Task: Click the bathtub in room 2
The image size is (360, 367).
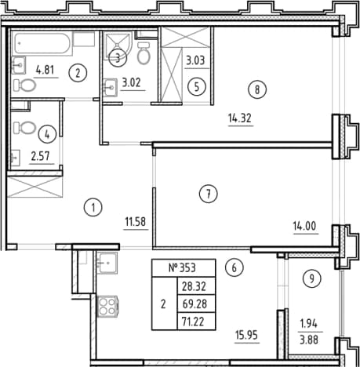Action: (x=42, y=43)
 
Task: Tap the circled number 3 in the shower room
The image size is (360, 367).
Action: (x=118, y=58)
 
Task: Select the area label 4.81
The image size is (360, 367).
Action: (x=45, y=70)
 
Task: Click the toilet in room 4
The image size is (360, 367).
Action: (x=24, y=128)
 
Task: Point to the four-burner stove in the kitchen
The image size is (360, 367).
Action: (x=107, y=306)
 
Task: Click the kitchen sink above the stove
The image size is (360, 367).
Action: (x=107, y=263)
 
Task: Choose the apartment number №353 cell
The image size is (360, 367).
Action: (x=184, y=268)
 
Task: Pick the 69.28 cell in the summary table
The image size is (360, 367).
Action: (x=196, y=303)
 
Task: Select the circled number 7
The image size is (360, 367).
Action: (x=208, y=194)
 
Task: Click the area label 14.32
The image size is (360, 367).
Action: (x=240, y=118)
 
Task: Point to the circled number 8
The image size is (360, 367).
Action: (x=257, y=89)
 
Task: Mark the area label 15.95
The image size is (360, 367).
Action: (x=246, y=335)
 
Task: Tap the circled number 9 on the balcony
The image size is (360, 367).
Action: (x=311, y=279)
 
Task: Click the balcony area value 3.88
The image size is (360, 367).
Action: (x=309, y=340)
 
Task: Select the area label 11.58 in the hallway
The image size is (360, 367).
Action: (x=136, y=222)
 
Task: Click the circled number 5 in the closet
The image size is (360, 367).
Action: (x=197, y=86)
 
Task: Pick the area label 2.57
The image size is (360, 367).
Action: (x=40, y=156)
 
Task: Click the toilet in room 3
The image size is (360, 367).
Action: (x=144, y=53)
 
